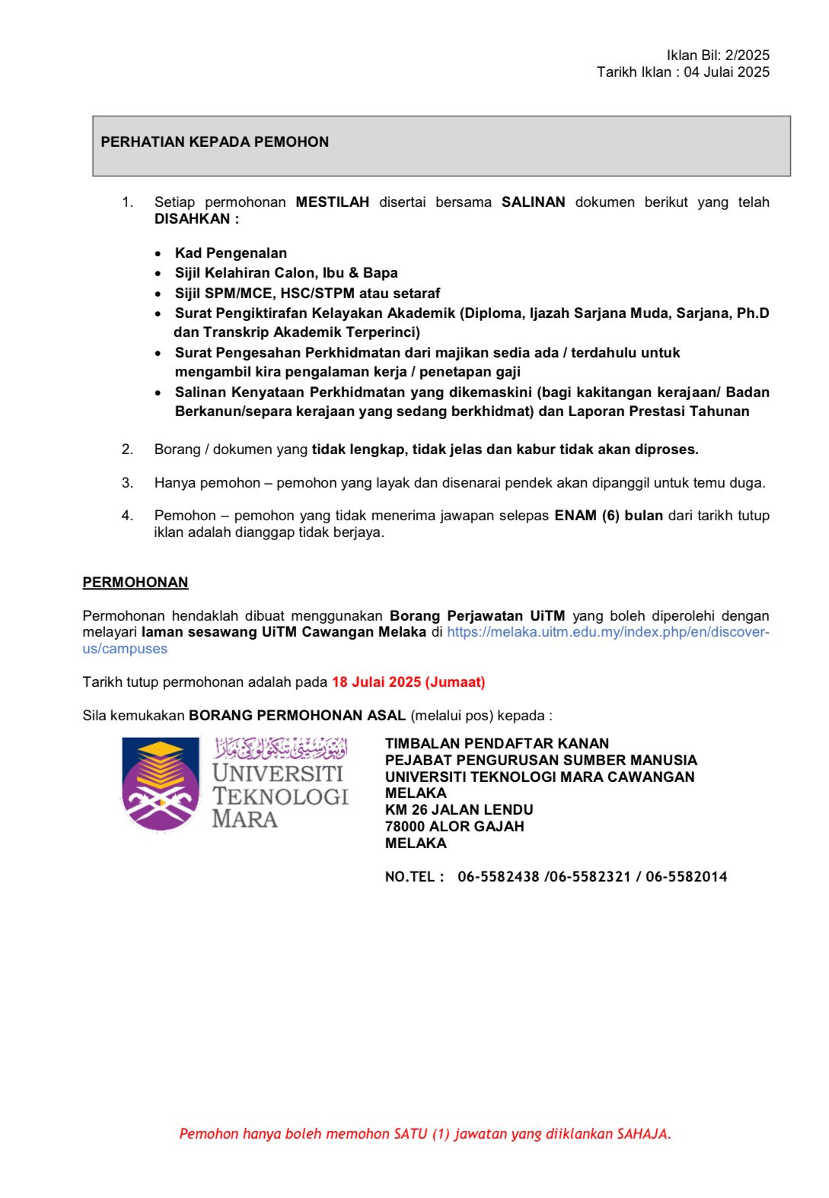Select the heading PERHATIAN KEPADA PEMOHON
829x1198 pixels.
point(215,142)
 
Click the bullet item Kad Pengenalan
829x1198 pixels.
point(231,253)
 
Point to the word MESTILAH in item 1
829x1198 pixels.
point(332,202)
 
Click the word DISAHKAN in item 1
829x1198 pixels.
point(192,219)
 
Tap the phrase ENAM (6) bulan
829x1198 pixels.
point(608,516)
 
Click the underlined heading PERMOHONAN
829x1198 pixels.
point(136,583)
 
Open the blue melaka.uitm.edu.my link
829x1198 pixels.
point(607,632)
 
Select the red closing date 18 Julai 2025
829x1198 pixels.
point(376,682)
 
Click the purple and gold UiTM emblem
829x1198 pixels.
point(160,783)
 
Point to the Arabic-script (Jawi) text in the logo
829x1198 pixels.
point(281,748)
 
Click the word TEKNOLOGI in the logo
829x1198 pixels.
point(280,796)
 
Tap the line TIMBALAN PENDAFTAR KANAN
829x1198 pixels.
point(497,744)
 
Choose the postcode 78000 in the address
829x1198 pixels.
point(405,827)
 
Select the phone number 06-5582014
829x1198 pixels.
point(686,877)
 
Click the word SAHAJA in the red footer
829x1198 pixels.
point(643,1134)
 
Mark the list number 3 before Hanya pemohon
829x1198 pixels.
point(127,483)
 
